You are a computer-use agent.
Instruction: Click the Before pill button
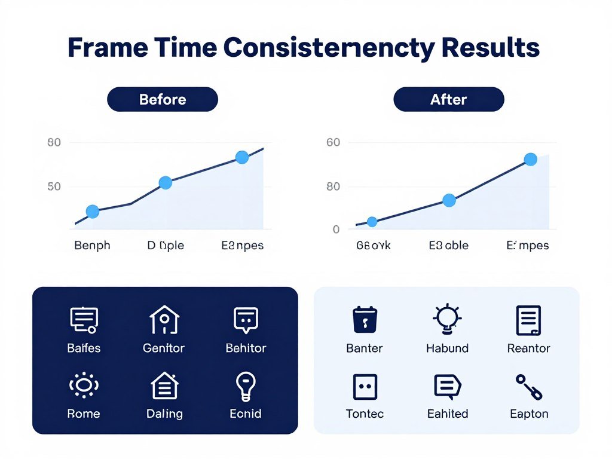[162, 99]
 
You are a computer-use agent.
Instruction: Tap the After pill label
[448, 99]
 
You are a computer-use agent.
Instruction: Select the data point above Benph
[93, 211]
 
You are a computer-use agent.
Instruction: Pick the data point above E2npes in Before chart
[242, 157]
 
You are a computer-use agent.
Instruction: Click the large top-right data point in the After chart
[530, 159]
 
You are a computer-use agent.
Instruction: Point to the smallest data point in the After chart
[372, 222]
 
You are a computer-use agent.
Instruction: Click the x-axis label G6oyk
[373, 246]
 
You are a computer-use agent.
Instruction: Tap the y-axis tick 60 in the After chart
[333, 143]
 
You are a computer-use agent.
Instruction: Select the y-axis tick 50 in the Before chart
[54, 186]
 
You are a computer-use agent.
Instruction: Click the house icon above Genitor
[164, 320]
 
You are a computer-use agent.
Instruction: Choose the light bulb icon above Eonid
[246, 385]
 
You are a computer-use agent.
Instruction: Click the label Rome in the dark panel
[84, 414]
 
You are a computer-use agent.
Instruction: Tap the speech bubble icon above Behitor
[246, 320]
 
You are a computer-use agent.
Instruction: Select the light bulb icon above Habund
[446, 319]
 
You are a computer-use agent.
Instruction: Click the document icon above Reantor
[528, 320]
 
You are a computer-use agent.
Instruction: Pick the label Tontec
[365, 414]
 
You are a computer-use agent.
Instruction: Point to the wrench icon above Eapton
[529, 387]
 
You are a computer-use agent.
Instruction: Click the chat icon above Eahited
[447, 387]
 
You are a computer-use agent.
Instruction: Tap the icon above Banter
[365, 320]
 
